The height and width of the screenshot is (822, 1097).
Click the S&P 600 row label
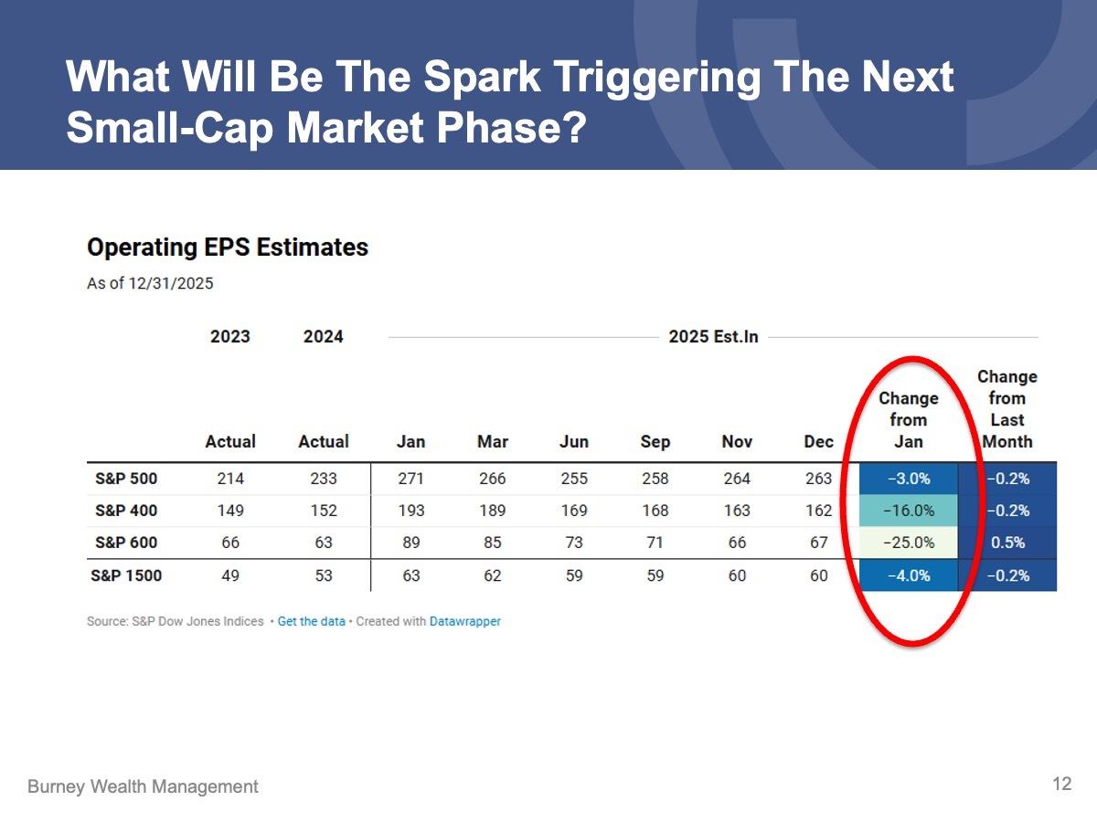[x=126, y=543]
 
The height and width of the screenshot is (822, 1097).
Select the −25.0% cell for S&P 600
[x=909, y=543]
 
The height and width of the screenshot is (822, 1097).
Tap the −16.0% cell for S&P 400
[x=909, y=511]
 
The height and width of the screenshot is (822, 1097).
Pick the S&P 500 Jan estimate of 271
[x=411, y=479]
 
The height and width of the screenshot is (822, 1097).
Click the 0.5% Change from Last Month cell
[x=1007, y=543]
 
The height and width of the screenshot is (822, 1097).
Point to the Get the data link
[x=311, y=621]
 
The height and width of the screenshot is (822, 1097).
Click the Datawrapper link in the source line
[x=465, y=621]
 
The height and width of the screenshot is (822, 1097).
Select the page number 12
[x=1061, y=784]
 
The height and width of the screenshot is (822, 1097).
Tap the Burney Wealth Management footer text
[x=143, y=786]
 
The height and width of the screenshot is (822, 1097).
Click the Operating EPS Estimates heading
[x=228, y=248]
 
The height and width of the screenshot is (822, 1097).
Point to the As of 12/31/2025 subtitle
[x=150, y=283]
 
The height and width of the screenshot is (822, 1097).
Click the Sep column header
[x=655, y=442]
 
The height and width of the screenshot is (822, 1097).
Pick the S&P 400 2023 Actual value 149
[x=230, y=511]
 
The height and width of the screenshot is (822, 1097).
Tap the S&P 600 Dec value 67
[x=819, y=543]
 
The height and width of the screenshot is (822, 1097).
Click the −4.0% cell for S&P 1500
[x=909, y=575]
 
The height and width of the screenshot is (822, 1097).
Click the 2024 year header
[x=324, y=337]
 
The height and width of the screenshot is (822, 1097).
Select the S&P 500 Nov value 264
[x=737, y=479]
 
